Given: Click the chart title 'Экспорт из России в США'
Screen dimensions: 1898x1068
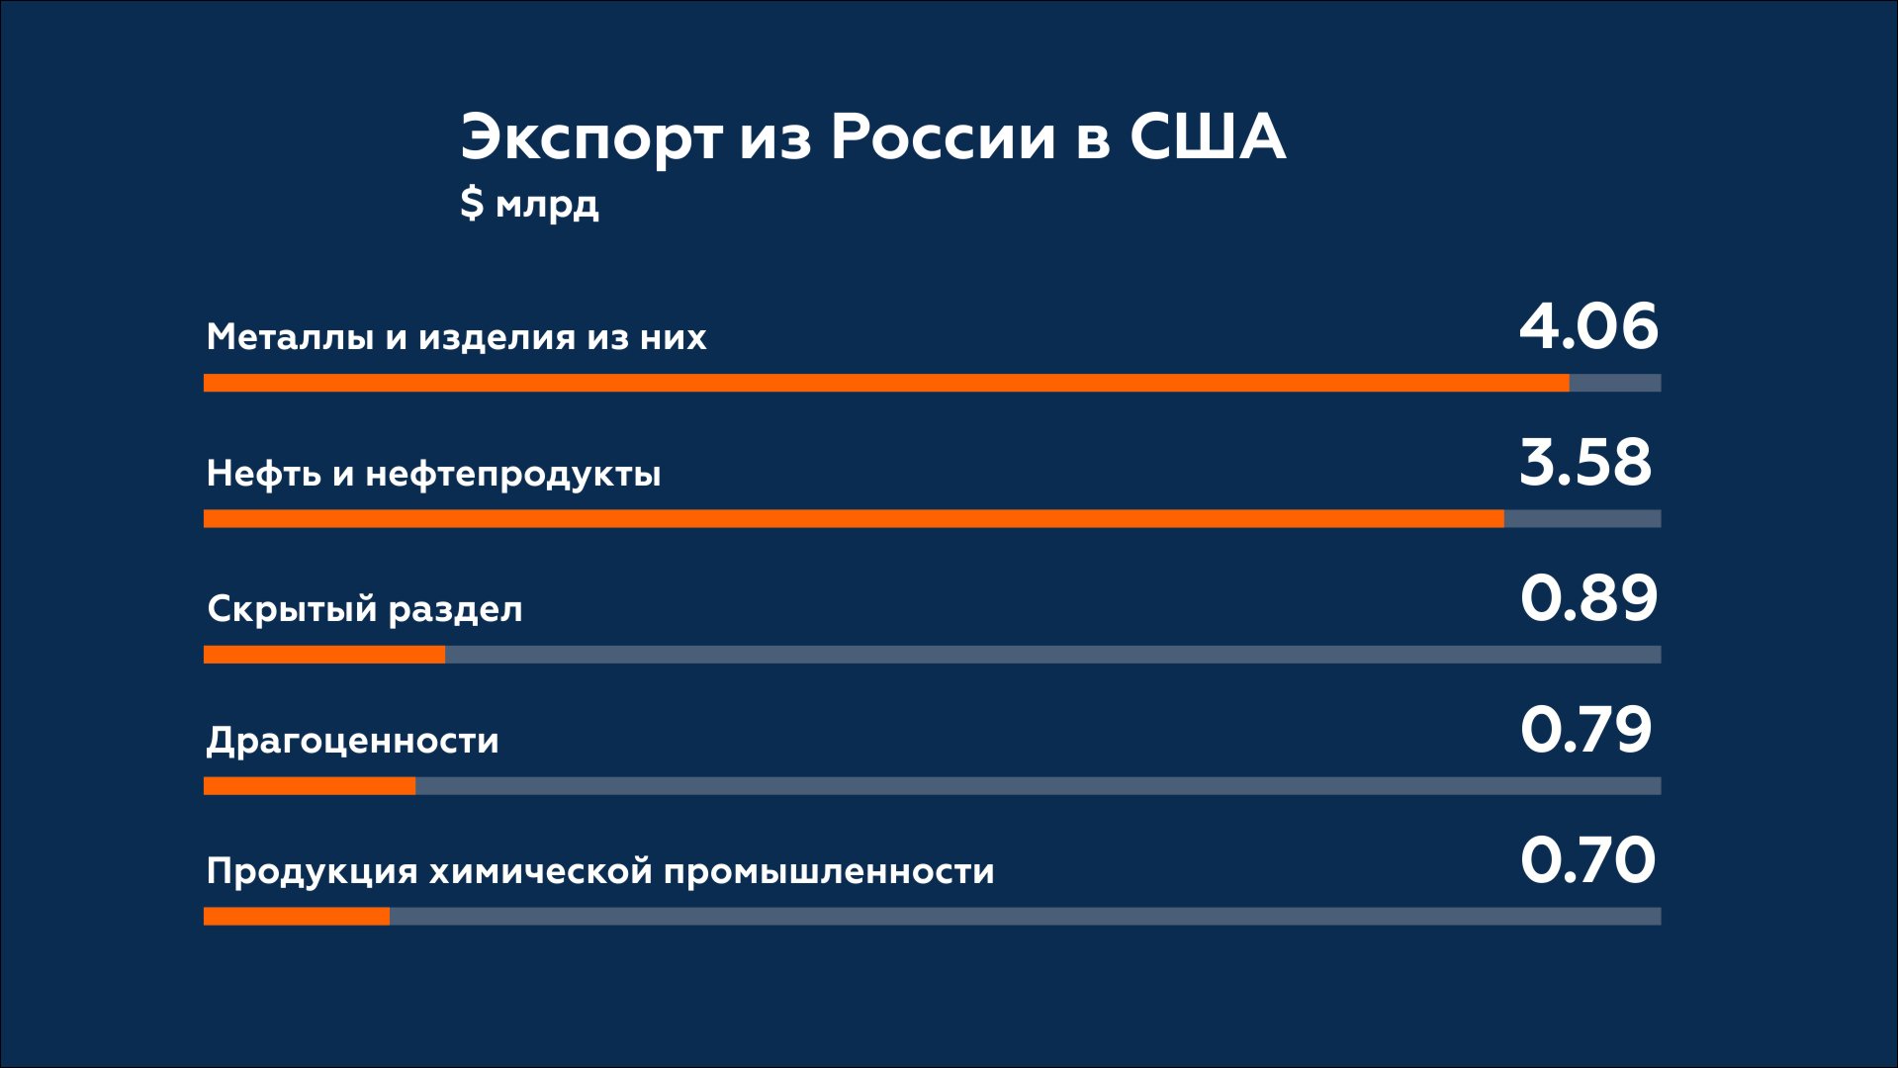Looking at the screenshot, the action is click(x=872, y=136).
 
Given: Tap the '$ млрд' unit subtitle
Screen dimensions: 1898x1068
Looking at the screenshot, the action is click(x=529, y=203).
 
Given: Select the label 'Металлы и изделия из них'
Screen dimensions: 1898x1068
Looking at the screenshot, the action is click(x=456, y=337).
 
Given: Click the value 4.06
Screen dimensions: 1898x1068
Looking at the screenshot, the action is click(x=1588, y=326).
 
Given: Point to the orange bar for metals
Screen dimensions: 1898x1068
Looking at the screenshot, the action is click(x=886, y=383).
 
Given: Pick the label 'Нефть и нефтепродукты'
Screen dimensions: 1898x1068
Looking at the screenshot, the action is click(x=433, y=474).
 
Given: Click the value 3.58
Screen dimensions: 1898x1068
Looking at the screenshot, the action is click(x=1585, y=462).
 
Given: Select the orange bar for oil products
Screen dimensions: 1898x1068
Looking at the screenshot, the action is click(x=854, y=518).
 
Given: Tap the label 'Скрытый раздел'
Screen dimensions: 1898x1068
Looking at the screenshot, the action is click(x=364, y=609).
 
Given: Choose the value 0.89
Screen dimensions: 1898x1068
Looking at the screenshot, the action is click(x=1588, y=598).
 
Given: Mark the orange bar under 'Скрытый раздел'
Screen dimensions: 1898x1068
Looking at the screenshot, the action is click(x=324, y=655).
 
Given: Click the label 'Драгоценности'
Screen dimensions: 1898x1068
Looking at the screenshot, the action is click(x=352, y=741).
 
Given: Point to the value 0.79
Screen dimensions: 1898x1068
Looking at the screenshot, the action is click(x=1586, y=730).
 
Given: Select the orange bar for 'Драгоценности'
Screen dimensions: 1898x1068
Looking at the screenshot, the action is click(x=310, y=786).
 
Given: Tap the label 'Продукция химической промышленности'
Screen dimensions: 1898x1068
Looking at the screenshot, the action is click(x=600, y=871).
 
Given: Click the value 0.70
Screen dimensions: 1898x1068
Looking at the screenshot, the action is click(x=1587, y=859).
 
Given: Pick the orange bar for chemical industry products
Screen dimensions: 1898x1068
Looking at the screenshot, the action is click(x=297, y=917).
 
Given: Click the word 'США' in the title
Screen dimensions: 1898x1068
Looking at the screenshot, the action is click(x=1208, y=136).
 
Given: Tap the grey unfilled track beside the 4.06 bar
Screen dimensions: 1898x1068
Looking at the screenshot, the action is click(x=1615, y=383).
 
